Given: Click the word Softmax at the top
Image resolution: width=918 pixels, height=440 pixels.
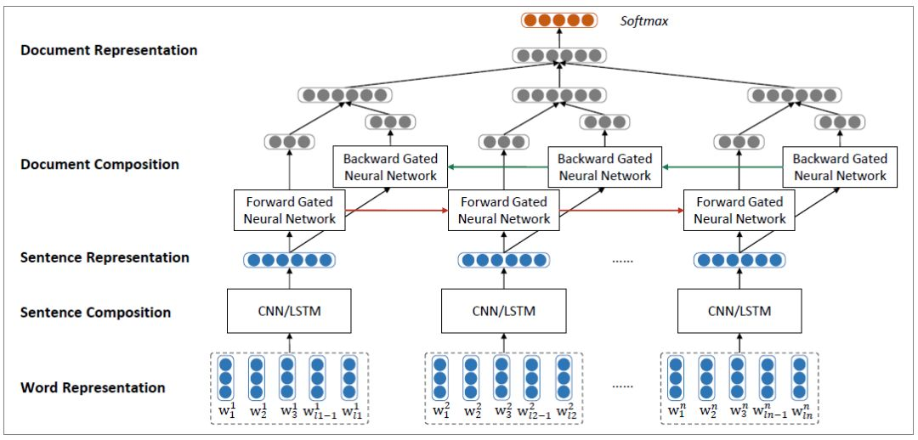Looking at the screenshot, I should pyautogui.click(x=643, y=20).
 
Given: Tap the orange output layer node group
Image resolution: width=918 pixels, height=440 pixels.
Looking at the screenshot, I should pyautogui.click(x=559, y=20).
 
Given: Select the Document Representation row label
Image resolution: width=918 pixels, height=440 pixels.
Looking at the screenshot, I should pyautogui.click(x=109, y=50).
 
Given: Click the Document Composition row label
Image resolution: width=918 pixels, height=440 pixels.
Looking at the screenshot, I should pyautogui.click(x=99, y=164).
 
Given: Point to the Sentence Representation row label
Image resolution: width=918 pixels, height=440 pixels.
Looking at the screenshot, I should pyautogui.click(x=105, y=257).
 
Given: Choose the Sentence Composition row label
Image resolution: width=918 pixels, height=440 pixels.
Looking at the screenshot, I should pyautogui.click(x=95, y=313).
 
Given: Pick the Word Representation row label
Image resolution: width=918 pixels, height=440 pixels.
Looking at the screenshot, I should pyautogui.click(x=93, y=387).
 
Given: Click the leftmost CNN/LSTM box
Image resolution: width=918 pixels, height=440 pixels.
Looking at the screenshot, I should pyautogui.click(x=289, y=311).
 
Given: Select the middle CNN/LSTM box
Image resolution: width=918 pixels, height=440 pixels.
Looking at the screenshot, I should pyautogui.click(x=504, y=311).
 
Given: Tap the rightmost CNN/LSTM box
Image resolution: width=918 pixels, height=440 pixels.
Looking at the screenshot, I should pyautogui.click(x=739, y=311).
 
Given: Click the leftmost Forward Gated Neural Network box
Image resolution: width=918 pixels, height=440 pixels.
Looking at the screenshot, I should pyautogui.click(x=289, y=211).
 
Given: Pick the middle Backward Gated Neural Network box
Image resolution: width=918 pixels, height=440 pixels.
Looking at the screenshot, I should pyautogui.click(x=604, y=167).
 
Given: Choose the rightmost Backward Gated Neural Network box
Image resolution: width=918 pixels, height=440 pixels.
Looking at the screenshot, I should pyautogui.click(x=840, y=167).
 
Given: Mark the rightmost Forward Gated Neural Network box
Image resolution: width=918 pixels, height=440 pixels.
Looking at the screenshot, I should pyautogui.click(x=739, y=211).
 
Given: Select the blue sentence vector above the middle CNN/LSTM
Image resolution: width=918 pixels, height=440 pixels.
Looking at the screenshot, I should pyautogui.click(x=504, y=260).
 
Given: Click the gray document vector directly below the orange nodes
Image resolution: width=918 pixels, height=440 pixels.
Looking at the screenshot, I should pyautogui.click(x=559, y=57).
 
